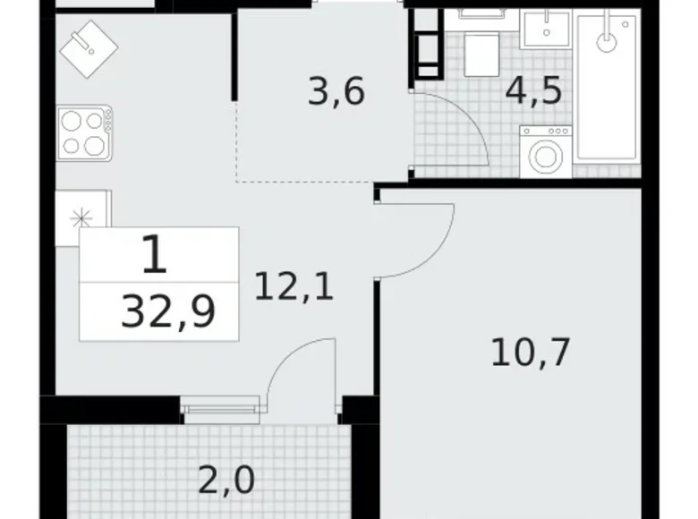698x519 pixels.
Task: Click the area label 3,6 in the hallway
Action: (x=336, y=92)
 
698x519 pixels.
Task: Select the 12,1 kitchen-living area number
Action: (x=294, y=287)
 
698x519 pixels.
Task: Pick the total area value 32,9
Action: (x=168, y=313)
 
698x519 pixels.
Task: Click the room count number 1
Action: (x=154, y=258)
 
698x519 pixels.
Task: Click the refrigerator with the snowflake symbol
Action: (x=83, y=217)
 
